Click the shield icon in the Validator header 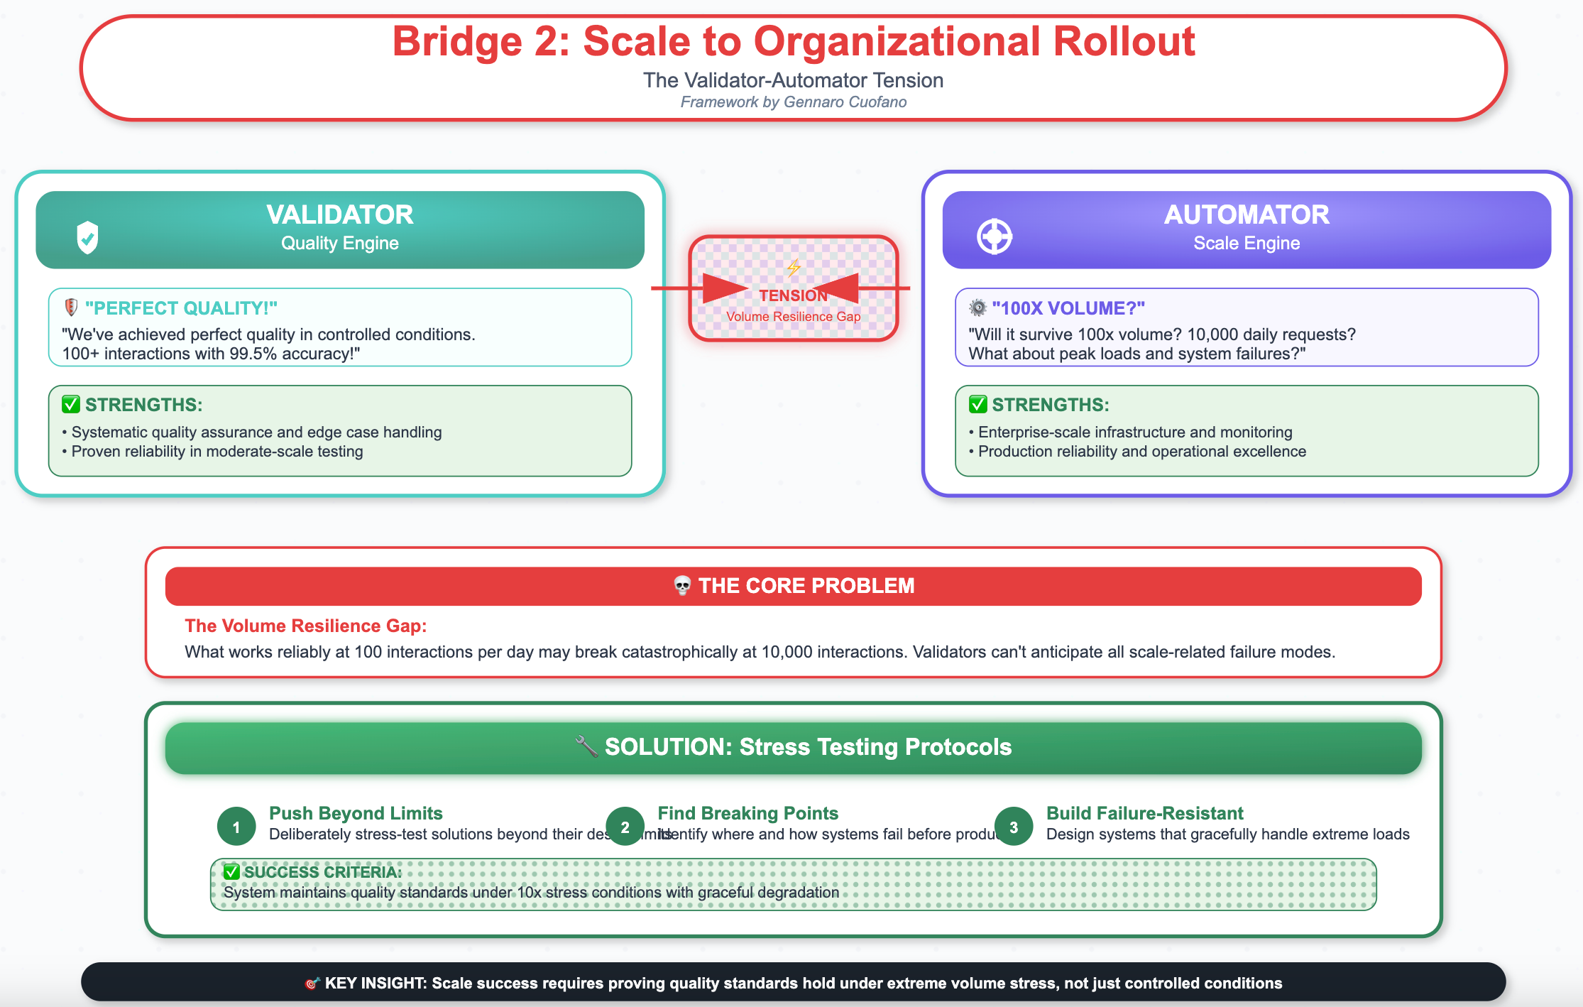click(x=87, y=237)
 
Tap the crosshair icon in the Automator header click(x=994, y=236)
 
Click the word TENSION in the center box click(x=792, y=295)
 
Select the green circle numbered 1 click(x=236, y=827)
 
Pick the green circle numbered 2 click(x=625, y=827)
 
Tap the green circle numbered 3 click(x=1013, y=827)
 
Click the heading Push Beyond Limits click(x=356, y=813)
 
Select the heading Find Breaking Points click(x=747, y=813)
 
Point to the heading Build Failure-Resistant click(x=1144, y=813)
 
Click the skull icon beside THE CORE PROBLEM click(x=682, y=586)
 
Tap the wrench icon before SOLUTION click(x=586, y=746)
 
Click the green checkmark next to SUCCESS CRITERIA click(x=231, y=871)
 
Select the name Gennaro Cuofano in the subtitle click(x=845, y=102)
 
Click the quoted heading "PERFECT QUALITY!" click(x=181, y=308)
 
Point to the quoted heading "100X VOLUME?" click(x=1068, y=308)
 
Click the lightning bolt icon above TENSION click(x=793, y=268)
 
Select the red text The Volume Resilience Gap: click(x=305, y=626)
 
